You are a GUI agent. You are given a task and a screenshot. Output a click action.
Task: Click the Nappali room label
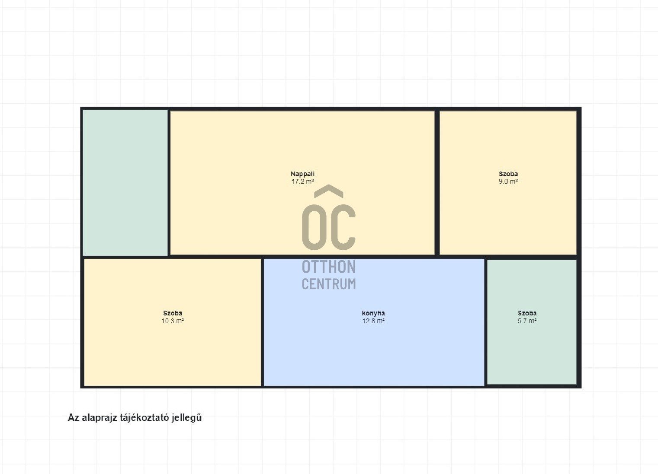tap(302, 174)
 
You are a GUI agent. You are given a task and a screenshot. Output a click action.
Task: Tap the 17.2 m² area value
tap(302, 181)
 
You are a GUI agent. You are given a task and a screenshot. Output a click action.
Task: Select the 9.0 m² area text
tap(508, 181)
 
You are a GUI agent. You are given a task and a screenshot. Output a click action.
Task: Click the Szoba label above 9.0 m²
tap(508, 174)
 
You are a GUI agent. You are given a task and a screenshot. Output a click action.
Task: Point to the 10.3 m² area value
tap(173, 321)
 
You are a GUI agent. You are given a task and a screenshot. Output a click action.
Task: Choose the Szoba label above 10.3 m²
tap(173, 313)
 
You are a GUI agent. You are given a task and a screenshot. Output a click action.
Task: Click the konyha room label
tap(373, 313)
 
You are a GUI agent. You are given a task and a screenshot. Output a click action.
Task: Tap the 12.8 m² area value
tap(373, 321)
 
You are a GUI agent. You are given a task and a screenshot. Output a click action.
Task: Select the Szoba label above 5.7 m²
tap(527, 313)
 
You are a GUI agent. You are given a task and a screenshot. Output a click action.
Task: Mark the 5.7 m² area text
tap(527, 321)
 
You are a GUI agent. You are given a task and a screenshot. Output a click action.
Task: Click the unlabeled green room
tap(125, 182)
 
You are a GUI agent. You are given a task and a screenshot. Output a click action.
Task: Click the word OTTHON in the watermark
tap(329, 267)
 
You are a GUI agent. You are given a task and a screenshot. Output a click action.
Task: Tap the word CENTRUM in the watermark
tap(329, 284)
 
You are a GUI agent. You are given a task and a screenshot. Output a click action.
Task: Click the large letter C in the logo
tap(343, 227)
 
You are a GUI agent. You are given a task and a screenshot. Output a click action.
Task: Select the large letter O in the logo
tap(315, 227)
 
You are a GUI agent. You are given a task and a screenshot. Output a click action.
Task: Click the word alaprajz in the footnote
tap(99, 418)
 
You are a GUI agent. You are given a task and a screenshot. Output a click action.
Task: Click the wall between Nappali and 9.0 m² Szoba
tap(437, 182)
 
